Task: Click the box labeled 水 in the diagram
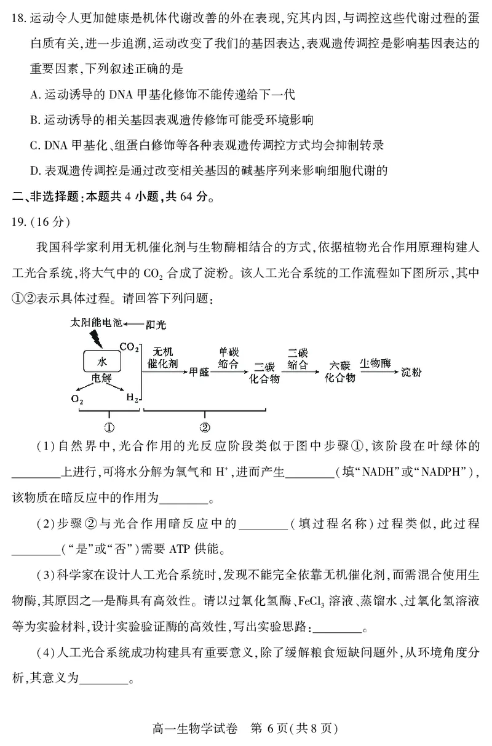tap(101, 360)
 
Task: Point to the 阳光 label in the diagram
tap(158, 322)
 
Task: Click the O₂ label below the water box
tap(77, 398)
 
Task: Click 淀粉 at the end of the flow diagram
tap(412, 371)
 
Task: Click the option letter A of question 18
tap(34, 93)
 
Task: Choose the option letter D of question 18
tap(34, 171)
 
